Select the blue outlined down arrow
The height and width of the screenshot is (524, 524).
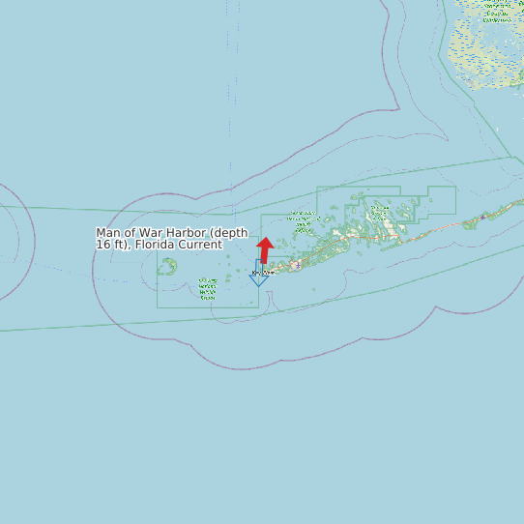(259, 275)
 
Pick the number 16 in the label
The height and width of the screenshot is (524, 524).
(102, 245)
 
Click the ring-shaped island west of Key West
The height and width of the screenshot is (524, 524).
(167, 266)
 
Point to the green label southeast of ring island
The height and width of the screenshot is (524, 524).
(207, 288)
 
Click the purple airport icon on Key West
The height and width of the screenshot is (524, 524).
(296, 264)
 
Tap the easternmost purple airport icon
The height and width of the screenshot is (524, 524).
(481, 217)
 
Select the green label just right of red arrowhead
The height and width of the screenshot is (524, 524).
(304, 221)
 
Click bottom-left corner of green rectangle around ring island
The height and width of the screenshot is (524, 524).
(159, 307)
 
